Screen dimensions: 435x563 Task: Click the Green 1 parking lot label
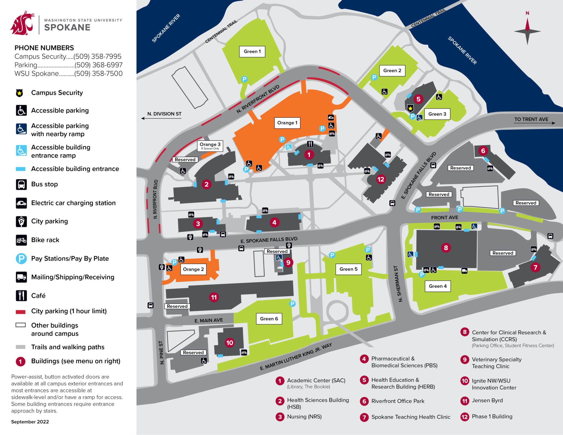point(252,51)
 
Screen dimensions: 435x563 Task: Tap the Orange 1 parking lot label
point(287,123)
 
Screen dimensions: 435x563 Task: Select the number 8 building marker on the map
point(446,248)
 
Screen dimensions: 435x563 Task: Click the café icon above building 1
point(310,144)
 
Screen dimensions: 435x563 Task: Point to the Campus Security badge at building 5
point(410,108)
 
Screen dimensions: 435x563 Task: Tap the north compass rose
point(527,31)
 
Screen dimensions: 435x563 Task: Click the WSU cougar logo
point(23,24)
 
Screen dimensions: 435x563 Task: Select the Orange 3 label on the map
point(210,146)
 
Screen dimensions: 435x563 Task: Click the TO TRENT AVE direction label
point(531,119)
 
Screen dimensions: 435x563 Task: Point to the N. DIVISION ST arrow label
point(164,114)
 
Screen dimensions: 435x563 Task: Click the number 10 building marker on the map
point(230,343)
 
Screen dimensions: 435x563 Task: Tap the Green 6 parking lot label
point(269,319)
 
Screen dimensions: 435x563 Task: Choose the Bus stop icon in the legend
point(21,184)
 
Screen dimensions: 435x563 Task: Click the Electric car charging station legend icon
point(21,203)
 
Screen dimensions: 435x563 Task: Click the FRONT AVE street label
point(444,218)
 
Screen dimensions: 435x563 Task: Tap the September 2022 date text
point(30,422)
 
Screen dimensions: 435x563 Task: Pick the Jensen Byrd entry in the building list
point(487,401)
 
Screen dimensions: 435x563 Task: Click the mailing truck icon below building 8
point(464,271)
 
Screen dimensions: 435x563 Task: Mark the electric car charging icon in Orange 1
point(331,118)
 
